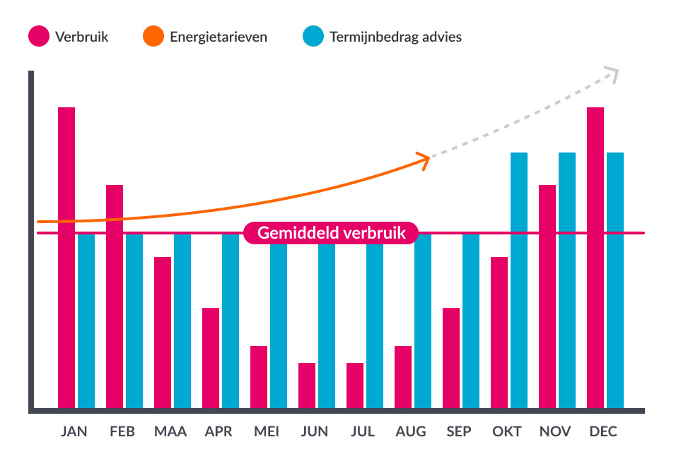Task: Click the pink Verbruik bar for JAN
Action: [66, 258]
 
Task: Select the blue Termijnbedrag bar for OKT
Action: [519, 280]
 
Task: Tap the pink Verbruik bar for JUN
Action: [307, 386]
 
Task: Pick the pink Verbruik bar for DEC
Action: [595, 258]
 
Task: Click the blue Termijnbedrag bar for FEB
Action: [134, 321]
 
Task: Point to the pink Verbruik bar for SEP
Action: [451, 358]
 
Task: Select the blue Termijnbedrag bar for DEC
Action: [615, 280]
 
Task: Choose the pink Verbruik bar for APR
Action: [211, 358]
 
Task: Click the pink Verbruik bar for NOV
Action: [547, 297]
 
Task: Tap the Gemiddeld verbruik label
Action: [331, 233]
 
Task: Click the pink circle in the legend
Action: [39, 37]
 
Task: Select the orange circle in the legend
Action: [153, 37]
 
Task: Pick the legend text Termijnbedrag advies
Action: [395, 37]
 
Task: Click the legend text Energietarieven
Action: [219, 37]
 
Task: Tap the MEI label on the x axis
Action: [267, 431]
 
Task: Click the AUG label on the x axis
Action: [411, 431]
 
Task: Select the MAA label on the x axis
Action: [170, 431]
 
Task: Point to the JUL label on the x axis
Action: [363, 431]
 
